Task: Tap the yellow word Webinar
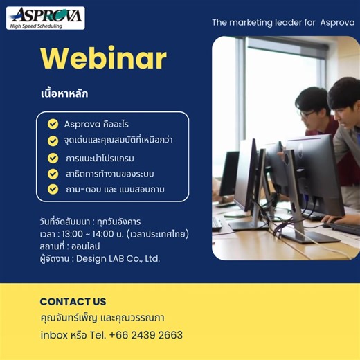coord(103,60)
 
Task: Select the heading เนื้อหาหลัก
coord(64,93)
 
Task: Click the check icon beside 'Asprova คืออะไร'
coord(53,125)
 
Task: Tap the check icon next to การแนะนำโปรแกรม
coord(53,158)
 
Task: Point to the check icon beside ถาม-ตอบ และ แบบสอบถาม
coord(53,189)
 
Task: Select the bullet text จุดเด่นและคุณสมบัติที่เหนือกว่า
coord(118,141)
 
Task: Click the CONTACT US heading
coord(73,302)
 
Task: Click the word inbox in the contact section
coord(55,335)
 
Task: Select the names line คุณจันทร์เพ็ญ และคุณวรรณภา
coord(102,318)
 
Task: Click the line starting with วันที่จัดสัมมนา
coord(90,222)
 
